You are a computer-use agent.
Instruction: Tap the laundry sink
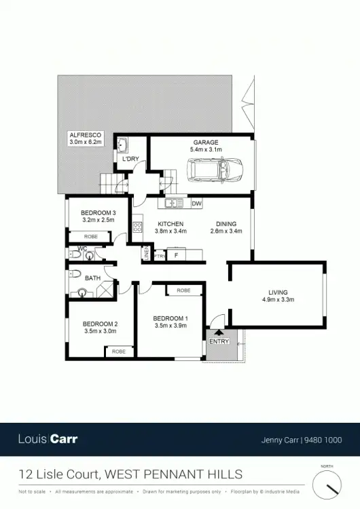coord(123,145)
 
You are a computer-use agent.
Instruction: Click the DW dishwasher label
coord(196,203)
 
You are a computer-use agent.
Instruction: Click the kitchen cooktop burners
coord(137,227)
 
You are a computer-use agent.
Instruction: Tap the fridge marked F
coord(176,255)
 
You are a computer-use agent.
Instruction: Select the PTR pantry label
coord(159,256)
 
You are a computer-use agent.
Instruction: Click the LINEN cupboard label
coord(146,253)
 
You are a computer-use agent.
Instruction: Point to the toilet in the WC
coord(90,253)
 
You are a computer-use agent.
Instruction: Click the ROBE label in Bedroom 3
coord(90,236)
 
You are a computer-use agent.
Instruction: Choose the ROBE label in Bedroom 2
coord(119,352)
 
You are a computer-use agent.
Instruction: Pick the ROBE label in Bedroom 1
coord(183,290)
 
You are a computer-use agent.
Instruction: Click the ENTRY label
coord(219,341)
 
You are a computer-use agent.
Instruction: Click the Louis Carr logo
coord(48,439)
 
